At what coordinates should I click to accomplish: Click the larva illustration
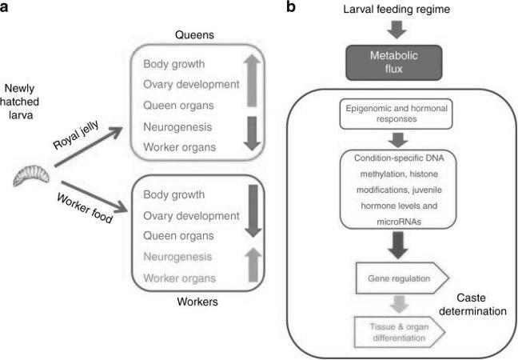point(31,176)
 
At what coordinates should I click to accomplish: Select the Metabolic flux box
point(394,62)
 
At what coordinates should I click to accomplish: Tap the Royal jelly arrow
point(89,146)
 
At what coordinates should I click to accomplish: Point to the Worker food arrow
point(94,196)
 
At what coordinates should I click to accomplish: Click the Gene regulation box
point(402,278)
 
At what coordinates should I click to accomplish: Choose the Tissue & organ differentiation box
point(400,332)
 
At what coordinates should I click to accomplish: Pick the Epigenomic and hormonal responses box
point(396,114)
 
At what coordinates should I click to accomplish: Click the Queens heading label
point(194,34)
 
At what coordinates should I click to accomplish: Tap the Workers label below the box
point(197,302)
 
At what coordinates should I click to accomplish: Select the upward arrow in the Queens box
point(252,81)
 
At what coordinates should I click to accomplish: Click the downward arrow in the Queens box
point(253,134)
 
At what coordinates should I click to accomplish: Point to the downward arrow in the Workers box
point(253,211)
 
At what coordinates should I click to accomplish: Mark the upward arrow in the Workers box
point(253,265)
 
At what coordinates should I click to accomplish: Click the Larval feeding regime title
point(396,9)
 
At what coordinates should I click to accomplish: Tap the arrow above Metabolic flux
point(396,30)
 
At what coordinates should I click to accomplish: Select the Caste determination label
point(472,305)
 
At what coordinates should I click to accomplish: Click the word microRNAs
point(399,222)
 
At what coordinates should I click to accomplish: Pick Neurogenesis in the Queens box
point(177,127)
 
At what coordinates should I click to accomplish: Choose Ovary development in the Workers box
point(191,216)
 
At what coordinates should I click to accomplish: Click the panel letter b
point(291,6)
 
